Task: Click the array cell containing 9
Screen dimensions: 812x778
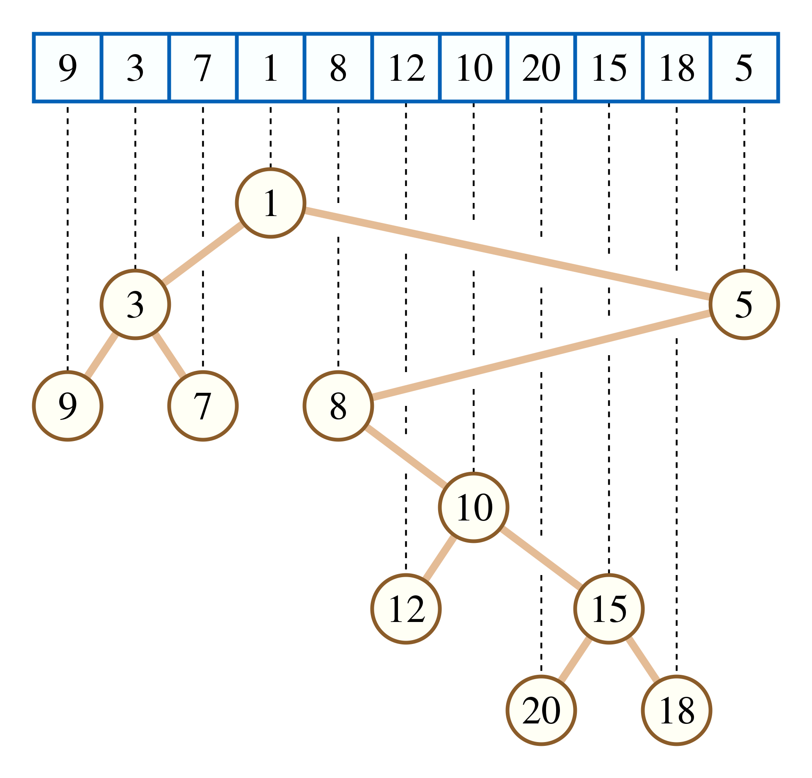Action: (x=68, y=68)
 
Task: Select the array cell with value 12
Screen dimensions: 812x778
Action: (x=406, y=68)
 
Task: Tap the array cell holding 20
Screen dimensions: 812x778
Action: (x=541, y=68)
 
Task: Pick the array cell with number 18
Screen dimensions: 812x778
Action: (x=677, y=68)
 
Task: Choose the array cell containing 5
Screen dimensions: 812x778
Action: (x=744, y=68)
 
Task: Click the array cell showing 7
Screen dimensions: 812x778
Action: (x=203, y=68)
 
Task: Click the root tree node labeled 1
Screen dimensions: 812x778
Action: (x=271, y=203)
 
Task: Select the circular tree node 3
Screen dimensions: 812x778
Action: (x=135, y=304)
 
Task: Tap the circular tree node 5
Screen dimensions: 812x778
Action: (x=744, y=304)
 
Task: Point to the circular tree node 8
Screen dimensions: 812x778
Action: (x=338, y=406)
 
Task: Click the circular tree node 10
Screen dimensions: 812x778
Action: (x=474, y=507)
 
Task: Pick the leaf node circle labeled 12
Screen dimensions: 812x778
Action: (x=406, y=609)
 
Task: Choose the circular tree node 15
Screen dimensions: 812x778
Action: (x=609, y=609)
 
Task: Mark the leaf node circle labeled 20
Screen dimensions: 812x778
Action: (x=541, y=710)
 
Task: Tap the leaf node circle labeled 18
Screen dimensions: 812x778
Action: (x=677, y=710)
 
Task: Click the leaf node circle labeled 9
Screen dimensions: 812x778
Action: (x=68, y=406)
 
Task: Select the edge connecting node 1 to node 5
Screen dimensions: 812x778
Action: (x=507, y=254)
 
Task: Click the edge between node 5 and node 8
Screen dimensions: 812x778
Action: (x=541, y=355)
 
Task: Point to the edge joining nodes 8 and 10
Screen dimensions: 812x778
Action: (x=406, y=457)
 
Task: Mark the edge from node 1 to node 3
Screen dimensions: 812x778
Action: (x=203, y=254)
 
